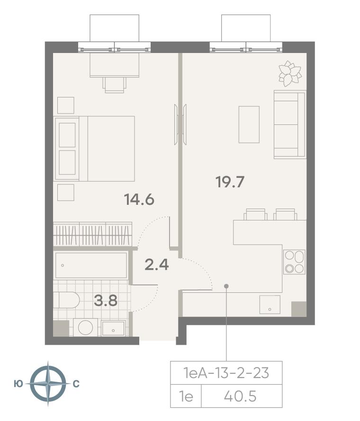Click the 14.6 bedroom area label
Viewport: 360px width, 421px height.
coord(139,200)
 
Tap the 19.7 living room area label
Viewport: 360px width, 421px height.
coord(230,182)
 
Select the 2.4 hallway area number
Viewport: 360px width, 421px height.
coord(156,265)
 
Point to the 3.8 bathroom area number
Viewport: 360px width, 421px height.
coord(106,300)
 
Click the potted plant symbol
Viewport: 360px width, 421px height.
coord(289,73)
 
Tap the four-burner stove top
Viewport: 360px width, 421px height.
coord(295,262)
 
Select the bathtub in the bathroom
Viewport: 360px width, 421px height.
coord(91,265)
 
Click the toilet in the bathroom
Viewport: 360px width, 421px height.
coord(66,299)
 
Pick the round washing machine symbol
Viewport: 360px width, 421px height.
coord(85,327)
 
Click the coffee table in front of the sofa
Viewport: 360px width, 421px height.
coord(249,124)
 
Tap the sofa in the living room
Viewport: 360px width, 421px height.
coord(290,124)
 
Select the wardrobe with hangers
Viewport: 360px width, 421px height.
coord(92,234)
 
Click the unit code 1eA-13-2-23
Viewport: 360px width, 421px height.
coord(226,373)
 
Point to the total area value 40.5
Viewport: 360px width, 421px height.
coord(241,396)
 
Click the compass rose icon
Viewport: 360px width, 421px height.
coord(48,383)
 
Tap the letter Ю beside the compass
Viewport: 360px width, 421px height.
coord(18,384)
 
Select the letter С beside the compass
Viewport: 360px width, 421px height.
coord(76,384)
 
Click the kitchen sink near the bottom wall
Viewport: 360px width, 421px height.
coord(270,305)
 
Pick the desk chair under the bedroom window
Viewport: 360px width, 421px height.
coord(115,85)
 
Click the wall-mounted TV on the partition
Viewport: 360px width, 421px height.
coord(180,124)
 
